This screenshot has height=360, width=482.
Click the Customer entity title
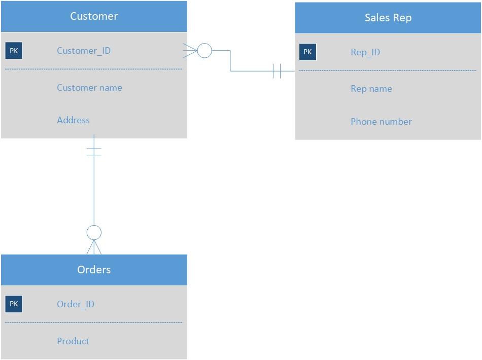[94, 16]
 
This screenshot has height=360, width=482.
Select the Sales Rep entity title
[388, 18]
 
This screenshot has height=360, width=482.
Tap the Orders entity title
[94, 270]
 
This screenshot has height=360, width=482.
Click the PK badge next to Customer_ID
[14, 51]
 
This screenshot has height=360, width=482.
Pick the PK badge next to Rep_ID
[307, 52]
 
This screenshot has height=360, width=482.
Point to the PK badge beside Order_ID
[14, 304]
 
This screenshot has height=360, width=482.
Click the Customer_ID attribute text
[84, 51]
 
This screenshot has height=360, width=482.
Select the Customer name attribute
[89, 88]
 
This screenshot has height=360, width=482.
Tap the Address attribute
[73, 120]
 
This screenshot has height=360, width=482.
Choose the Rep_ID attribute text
[365, 52]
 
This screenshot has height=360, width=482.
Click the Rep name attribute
[371, 89]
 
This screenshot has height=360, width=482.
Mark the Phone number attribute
[381, 122]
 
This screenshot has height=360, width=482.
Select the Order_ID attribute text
[76, 304]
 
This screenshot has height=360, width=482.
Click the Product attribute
[73, 341]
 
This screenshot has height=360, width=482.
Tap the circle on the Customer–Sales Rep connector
[204, 51]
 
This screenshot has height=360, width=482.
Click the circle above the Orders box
[94, 233]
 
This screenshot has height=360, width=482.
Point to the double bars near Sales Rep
[277, 71]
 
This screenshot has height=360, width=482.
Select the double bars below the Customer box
[94, 152]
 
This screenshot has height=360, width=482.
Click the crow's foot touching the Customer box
[191, 51]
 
